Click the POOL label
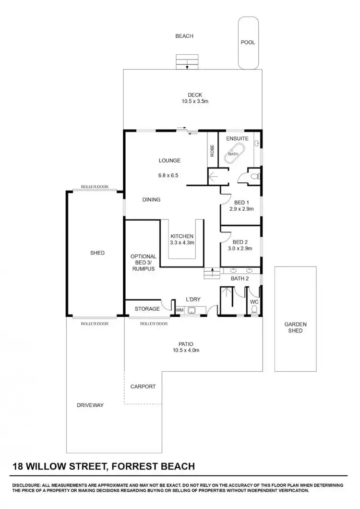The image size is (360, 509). pyautogui.click(x=248, y=42)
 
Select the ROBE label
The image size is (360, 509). pyautogui.click(x=212, y=151)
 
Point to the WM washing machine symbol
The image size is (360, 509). pyautogui.click(x=180, y=310)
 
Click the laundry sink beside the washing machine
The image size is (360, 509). pyautogui.click(x=191, y=310)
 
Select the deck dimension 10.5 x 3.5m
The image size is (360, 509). pyautogui.click(x=194, y=101)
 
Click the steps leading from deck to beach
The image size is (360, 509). pyautogui.click(x=187, y=61)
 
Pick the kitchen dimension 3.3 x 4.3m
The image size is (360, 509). pyautogui.click(x=182, y=243)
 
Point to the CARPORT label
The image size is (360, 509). pyautogui.click(x=143, y=387)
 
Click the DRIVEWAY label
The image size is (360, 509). pyautogui.click(x=90, y=405)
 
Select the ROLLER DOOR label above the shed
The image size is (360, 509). pyautogui.click(x=95, y=186)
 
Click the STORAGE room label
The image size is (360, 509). pyautogui.click(x=147, y=309)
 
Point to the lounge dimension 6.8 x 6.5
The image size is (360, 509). pyautogui.click(x=168, y=176)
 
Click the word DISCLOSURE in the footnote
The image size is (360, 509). pyautogui.click(x=28, y=485)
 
